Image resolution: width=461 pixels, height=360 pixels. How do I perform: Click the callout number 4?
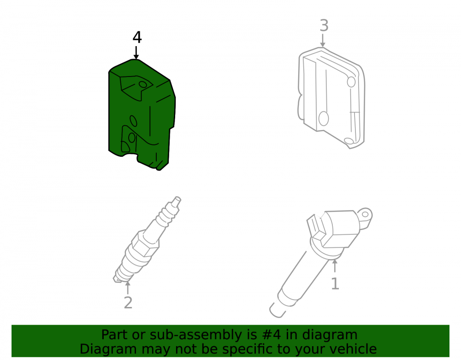click(x=137, y=37)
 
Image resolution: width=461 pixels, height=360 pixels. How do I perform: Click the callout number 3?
click(x=324, y=25)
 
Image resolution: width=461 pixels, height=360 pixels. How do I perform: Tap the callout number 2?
click(x=128, y=303)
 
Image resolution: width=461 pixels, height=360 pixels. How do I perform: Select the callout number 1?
click(x=335, y=284)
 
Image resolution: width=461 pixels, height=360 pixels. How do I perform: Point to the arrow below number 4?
click(x=136, y=53)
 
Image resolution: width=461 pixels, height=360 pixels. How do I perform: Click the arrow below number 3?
click(x=323, y=41)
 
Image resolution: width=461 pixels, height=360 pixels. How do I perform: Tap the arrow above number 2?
click(x=128, y=288)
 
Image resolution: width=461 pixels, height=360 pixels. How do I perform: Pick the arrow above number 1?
click(x=335, y=266)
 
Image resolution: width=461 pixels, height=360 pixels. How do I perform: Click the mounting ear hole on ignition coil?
click(x=365, y=214)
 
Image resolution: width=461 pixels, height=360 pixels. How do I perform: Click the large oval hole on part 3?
click(x=324, y=118)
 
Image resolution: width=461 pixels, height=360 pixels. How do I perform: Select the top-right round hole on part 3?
click(x=351, y=82)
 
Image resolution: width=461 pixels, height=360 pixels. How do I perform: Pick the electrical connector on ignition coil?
click(x=315, y=227)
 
